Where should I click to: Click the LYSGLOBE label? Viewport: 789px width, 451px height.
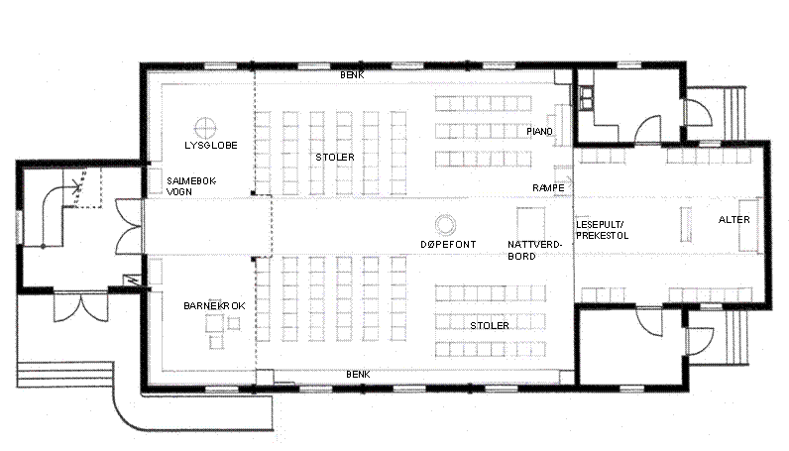tap(211, 146)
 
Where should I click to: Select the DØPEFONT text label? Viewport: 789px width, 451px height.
tap(448, 245)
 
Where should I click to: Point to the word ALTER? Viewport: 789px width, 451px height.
tap(734, 219)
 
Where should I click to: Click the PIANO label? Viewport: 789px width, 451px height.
tap(539, 132)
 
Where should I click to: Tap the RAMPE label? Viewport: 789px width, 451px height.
tap(548, 187)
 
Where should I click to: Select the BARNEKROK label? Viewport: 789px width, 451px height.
tap(214, 306)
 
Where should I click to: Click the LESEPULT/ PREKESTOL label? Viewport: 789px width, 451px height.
tap(603, 230)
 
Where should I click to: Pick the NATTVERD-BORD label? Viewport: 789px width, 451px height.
tap(534, 250)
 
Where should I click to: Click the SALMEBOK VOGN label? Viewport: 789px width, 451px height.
tap(191, 185)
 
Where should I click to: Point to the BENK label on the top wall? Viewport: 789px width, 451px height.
tap(352, 75)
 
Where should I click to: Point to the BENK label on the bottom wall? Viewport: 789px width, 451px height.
tap(358, 375)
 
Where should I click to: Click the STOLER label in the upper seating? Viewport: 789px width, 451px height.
tap(335, 158)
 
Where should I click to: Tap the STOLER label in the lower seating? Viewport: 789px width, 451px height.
tap(490, 326)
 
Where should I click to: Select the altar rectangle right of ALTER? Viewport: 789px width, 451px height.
tap(748, 224)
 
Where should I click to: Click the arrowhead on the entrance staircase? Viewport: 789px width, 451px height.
tap(78, 188)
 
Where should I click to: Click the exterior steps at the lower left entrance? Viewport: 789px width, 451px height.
tap(63, 374)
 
